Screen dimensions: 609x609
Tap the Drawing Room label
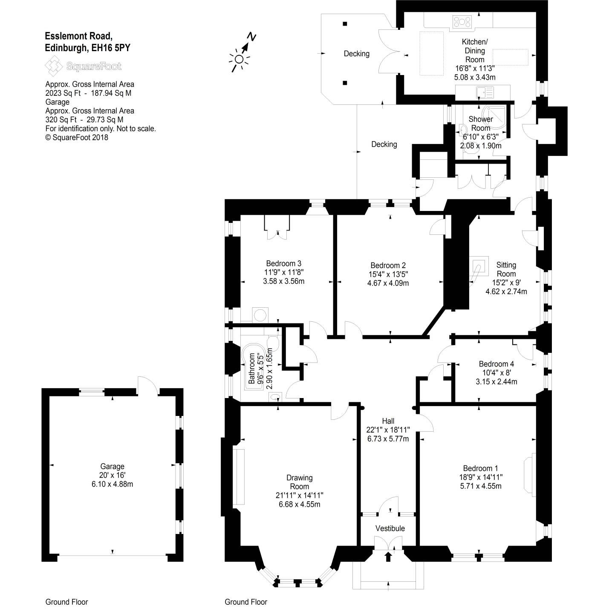tap(299, 482)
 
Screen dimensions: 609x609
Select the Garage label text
tap(112, 466)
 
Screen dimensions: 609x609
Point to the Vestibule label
tap(390, 528)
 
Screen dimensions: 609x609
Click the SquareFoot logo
tap(84, 66)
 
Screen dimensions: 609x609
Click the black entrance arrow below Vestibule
tap(388, 557)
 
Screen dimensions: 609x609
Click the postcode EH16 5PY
tap(109, 48)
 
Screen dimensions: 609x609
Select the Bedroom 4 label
tap(496, 364)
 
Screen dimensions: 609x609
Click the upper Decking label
tap(357, 54)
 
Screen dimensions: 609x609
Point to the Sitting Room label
tap(506, 270)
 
